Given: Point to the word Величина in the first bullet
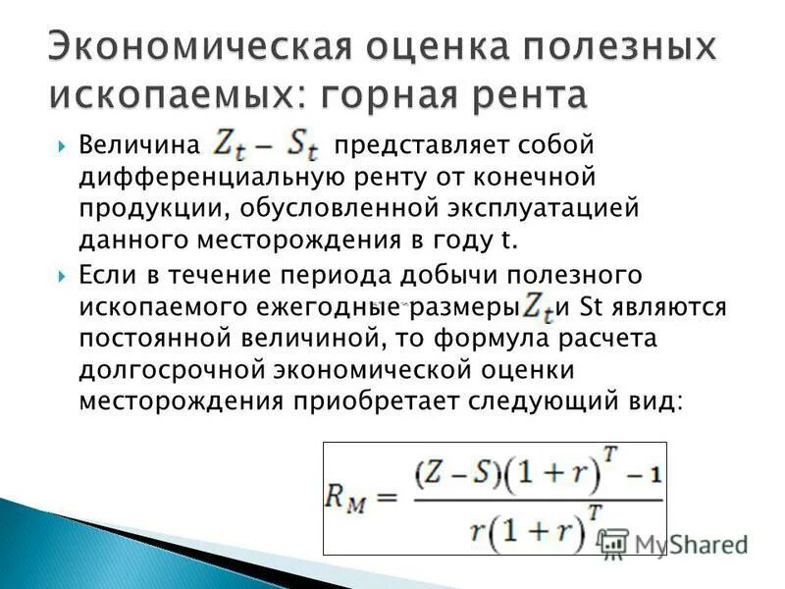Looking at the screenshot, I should coord(136,146).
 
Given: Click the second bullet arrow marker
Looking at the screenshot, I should coord(62,274).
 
